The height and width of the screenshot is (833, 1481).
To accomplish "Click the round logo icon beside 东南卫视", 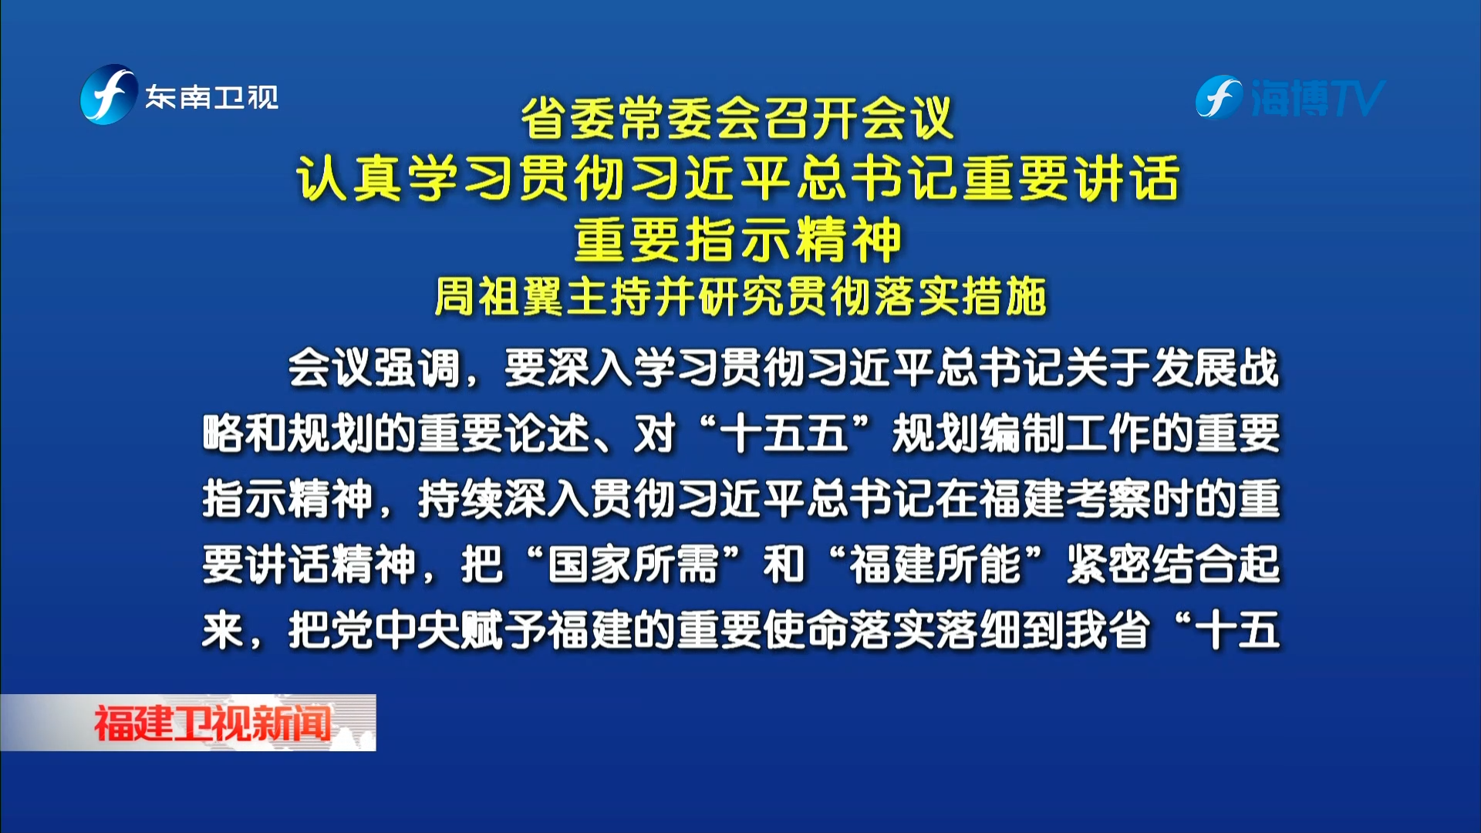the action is point(109,95).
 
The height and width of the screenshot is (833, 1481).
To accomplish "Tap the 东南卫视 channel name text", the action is point(212,97).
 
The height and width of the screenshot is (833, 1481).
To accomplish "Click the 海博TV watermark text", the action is point(1317,98).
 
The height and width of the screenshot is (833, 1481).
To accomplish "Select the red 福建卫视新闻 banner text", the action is point(212,723).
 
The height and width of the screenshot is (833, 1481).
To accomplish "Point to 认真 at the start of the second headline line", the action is point(350,178).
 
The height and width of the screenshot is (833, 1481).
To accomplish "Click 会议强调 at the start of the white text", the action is point(374,368).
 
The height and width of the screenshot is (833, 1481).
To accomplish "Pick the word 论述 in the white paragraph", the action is point(547,433).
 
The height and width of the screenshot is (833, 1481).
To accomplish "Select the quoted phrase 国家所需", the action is point(633,565).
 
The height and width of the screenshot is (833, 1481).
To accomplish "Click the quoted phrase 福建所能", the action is point(936,565).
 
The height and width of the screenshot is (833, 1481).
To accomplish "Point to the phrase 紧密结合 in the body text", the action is point(1152,565).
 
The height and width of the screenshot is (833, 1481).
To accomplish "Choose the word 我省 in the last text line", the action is point(1108,630).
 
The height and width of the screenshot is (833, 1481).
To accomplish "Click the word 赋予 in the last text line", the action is point(504,630).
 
